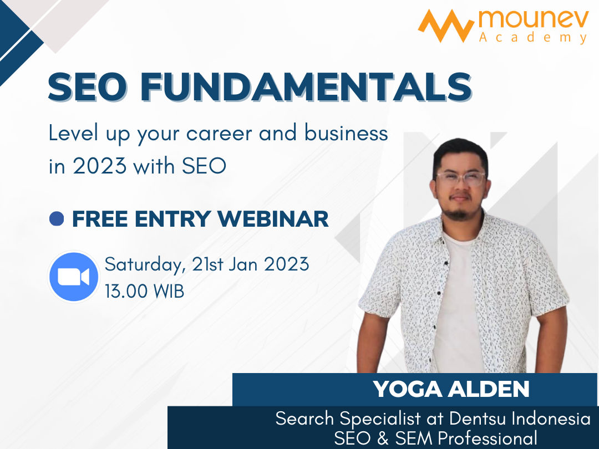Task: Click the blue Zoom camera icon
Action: (74, 277)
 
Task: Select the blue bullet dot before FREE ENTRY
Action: (57, 219)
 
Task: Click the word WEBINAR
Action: (273, 219)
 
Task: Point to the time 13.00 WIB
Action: (144, 291)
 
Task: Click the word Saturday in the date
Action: (145, 265)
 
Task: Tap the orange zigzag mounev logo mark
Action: (446, 25)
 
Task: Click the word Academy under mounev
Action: (534, 38)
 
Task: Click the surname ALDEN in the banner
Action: (489, 389)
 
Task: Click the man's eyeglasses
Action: (460, 178)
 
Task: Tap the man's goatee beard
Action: (458, 212)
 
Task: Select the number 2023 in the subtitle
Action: (100, 166)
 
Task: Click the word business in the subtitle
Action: (346, 132)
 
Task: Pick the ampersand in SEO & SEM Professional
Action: (383, 437)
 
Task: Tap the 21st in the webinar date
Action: (208, 264)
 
